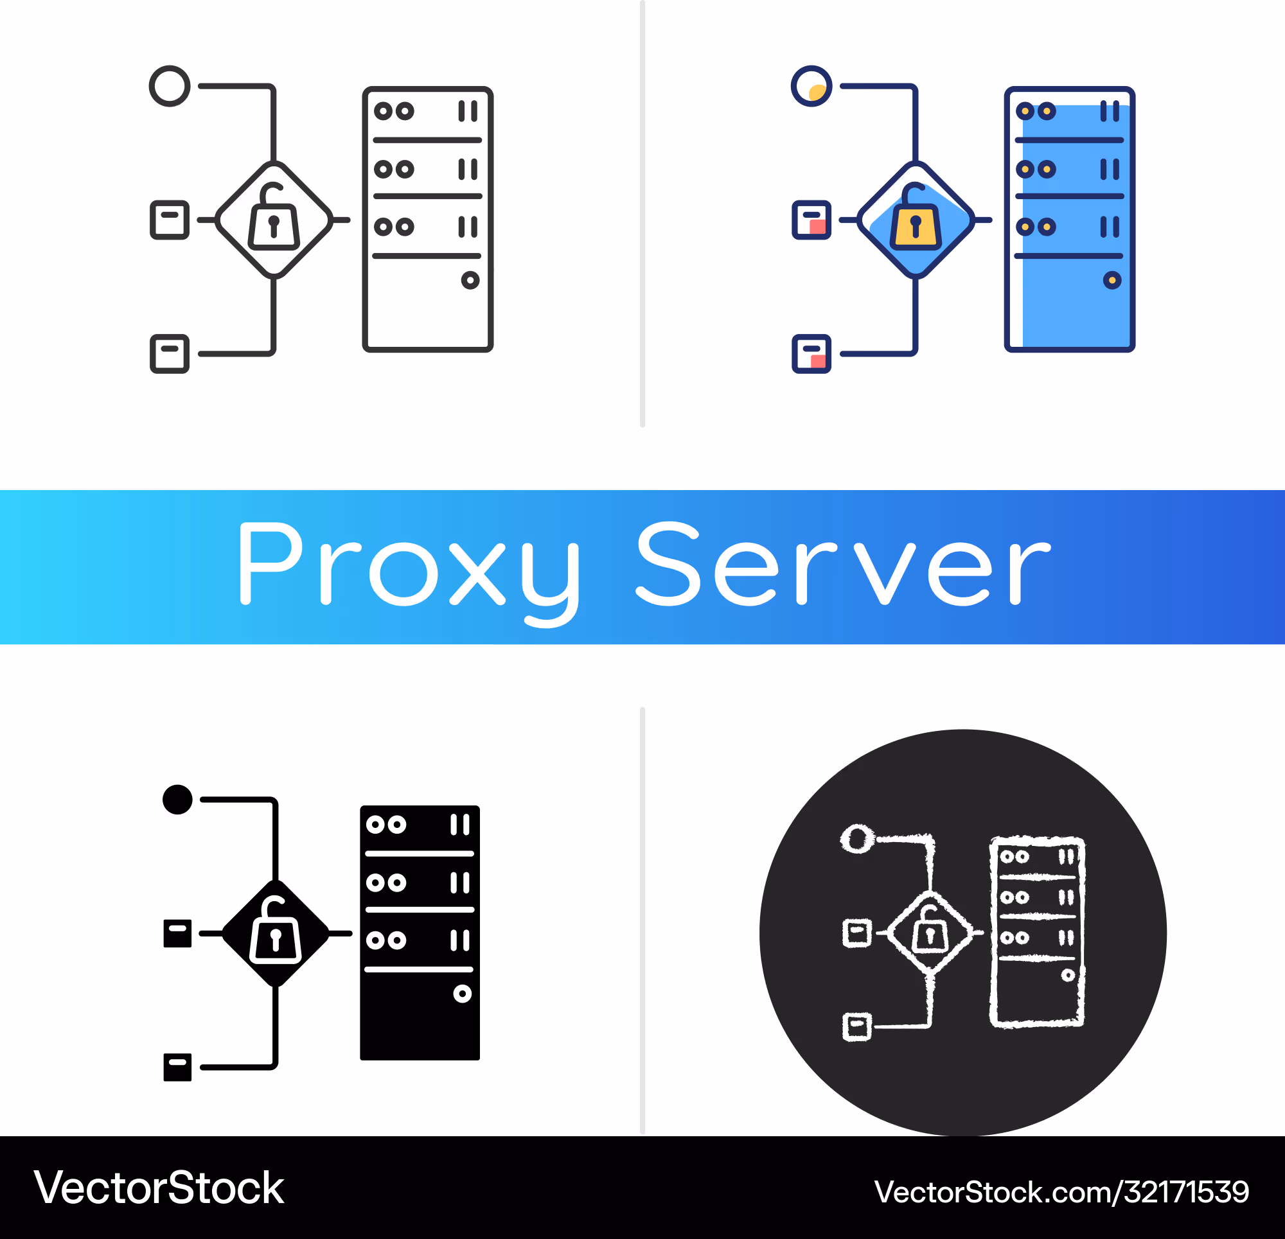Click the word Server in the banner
[843, 564]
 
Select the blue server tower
[1069, 219]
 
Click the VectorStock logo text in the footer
[159, 1188]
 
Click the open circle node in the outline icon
[170, 86]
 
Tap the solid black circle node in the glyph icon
[177, 799]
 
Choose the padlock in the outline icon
[274, 218]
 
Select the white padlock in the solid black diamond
[276, 930]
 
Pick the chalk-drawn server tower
[1036, 931]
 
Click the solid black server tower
[420, 933]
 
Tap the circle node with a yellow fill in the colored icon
[811, 86]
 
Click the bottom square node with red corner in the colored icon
[811, 354]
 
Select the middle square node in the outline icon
[170, 220]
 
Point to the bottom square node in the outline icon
[170, 354]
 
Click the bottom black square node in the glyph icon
[177, 1068]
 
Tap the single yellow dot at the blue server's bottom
[1112, 281]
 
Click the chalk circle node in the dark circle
[858, 838]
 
